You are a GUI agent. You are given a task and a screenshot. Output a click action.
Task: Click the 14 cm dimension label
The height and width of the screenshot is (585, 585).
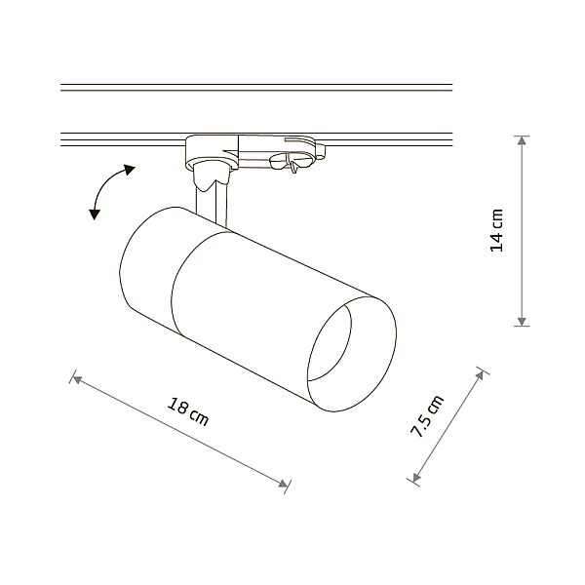click(x=496, y=230)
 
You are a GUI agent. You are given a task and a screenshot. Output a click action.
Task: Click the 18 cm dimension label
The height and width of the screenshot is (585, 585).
click(x=187, y=411)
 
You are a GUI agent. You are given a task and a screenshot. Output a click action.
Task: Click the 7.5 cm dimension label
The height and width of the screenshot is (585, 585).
click(x=427, y=415)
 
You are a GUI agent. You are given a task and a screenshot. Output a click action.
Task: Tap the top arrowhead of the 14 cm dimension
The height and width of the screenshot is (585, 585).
click(x=522, y=140)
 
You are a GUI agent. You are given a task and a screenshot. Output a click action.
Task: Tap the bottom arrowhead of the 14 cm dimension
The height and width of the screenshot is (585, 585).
click(x=522, y=321)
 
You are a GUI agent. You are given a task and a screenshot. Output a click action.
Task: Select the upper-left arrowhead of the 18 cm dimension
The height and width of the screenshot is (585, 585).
click(x=77, y=380)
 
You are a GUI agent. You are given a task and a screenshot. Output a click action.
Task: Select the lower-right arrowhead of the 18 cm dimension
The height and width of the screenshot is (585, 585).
click(x=283, y=484)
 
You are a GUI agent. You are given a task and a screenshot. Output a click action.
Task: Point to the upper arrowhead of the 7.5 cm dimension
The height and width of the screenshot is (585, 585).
click(x=481, y=375)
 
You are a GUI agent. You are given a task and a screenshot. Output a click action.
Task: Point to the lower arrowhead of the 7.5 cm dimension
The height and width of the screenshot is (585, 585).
click(x=416, y=477)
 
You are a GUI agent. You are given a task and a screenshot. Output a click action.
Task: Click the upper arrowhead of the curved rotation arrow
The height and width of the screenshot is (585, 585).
click(x=130, y=170)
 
